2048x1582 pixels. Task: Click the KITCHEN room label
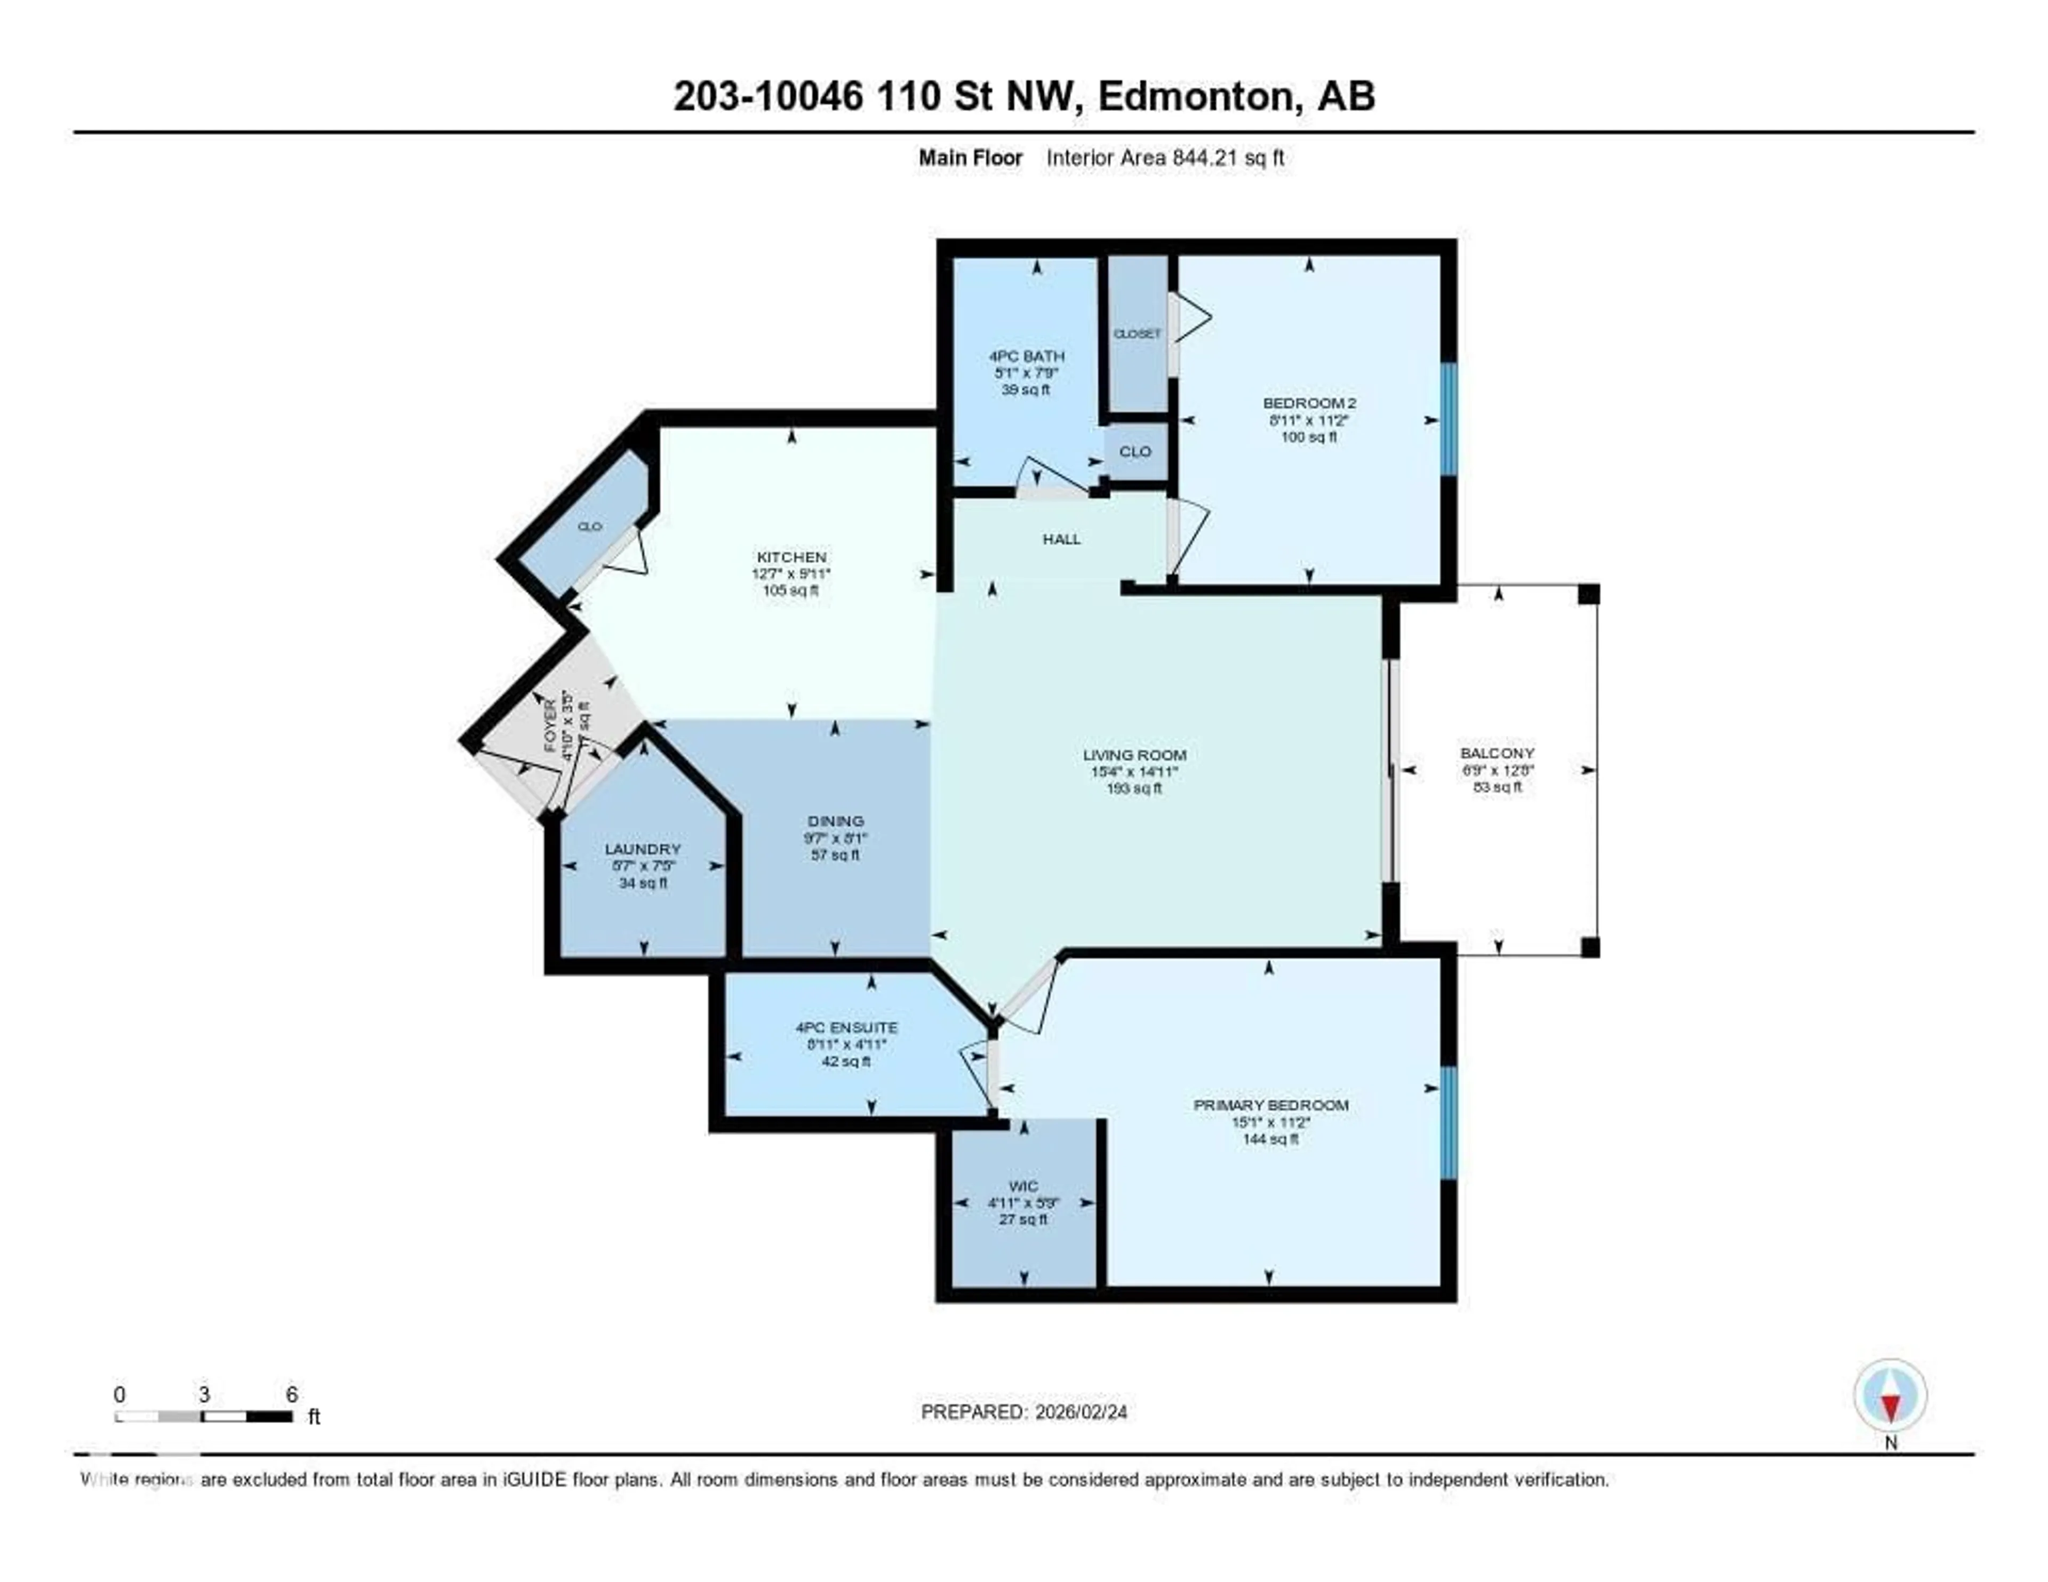[x=791, y=557]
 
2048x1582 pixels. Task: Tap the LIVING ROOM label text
[x=1134, y=755]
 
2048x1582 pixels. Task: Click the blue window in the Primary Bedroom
[x=1449, y=1123]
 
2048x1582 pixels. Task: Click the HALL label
[x=1061, y=539]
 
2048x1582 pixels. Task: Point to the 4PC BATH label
[x=1026, y=356]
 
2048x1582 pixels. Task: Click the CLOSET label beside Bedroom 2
[x=1137, y=334]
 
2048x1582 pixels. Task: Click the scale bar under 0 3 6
[x=204, y=1417]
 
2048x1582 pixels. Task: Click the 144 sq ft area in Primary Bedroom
[x=1270, y=1139]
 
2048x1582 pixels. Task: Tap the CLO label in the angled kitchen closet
[x=589, y=527]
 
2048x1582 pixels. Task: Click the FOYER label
[x=550, y=726]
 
